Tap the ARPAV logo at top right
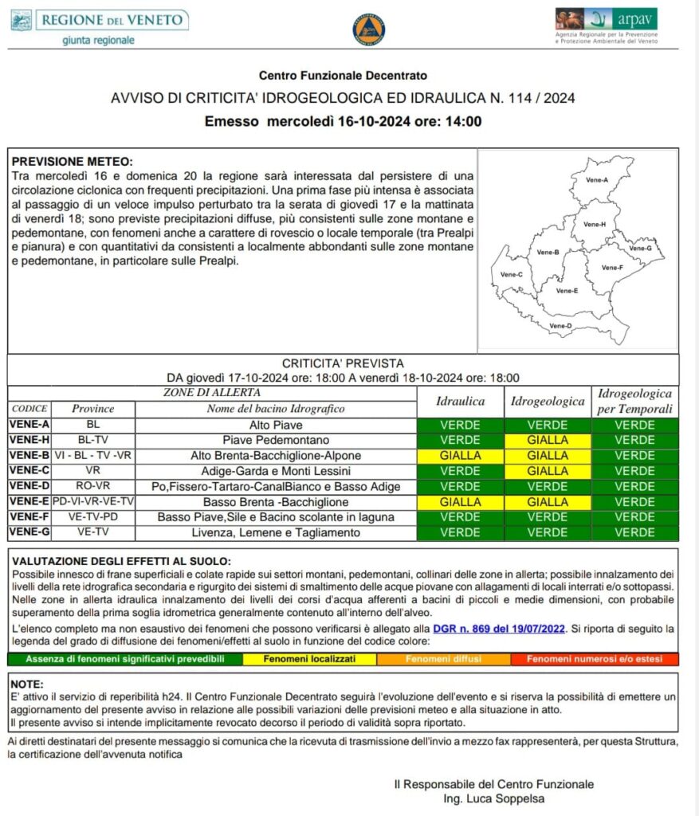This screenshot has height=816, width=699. [607, 25]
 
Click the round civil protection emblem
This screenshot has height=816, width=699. [368, 29]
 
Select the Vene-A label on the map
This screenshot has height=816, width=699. [598, 180]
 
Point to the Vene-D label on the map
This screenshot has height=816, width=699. [560, 326]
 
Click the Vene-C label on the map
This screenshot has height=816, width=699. [511, 275]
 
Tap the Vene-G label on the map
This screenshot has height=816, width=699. [641, 249]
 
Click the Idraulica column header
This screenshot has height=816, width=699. [460, 402]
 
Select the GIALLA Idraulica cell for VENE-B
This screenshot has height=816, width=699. [460, 456]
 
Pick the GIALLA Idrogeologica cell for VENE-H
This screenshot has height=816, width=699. [548, 440]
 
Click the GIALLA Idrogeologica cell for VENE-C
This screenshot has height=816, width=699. [548, 471]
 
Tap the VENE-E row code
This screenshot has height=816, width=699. [29, 502]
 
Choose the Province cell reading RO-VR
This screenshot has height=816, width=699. [93, 486]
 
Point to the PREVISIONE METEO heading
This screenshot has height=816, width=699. [73, 160]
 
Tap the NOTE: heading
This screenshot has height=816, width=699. [28, 684]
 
